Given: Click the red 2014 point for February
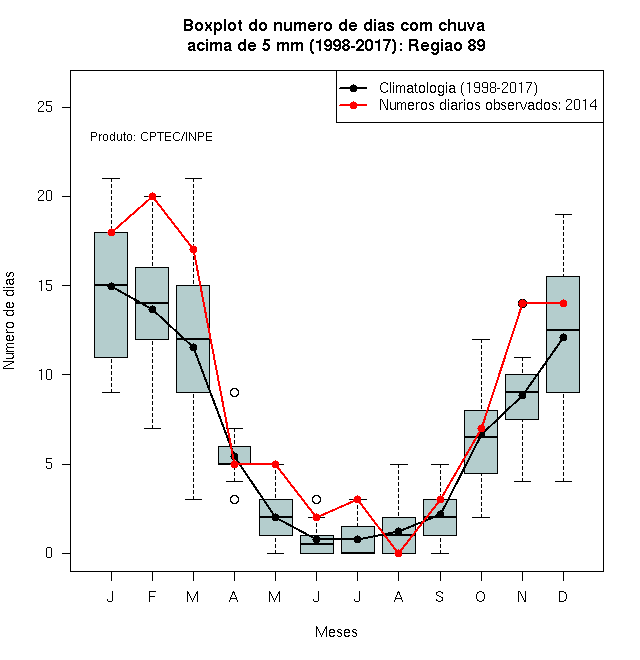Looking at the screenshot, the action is (152, 197).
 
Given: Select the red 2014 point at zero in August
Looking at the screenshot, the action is (398, 554).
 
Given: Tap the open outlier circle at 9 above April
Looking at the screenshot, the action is (235, 393).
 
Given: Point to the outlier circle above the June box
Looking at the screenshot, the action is (317, 500).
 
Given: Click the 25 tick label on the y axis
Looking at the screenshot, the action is (45, 107).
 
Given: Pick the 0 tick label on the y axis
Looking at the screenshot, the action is (49, 553).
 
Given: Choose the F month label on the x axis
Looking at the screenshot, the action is (152, 596).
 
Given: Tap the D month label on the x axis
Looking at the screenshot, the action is (563, 596).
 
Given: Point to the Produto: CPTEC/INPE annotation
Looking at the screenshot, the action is (151, 137).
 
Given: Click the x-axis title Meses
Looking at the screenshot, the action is (336, 632).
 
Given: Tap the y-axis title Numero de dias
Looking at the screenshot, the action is (9, 321).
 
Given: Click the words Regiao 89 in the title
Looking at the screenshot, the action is (447, 45).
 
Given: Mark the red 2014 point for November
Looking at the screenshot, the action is (523, 303).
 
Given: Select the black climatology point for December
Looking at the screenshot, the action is (563, 338).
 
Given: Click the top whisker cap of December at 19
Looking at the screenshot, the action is (563, 215).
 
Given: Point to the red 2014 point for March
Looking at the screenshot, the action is (193, 250).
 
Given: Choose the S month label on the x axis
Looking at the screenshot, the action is (440, 596).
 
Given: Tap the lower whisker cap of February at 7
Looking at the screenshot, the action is (152, 428).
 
